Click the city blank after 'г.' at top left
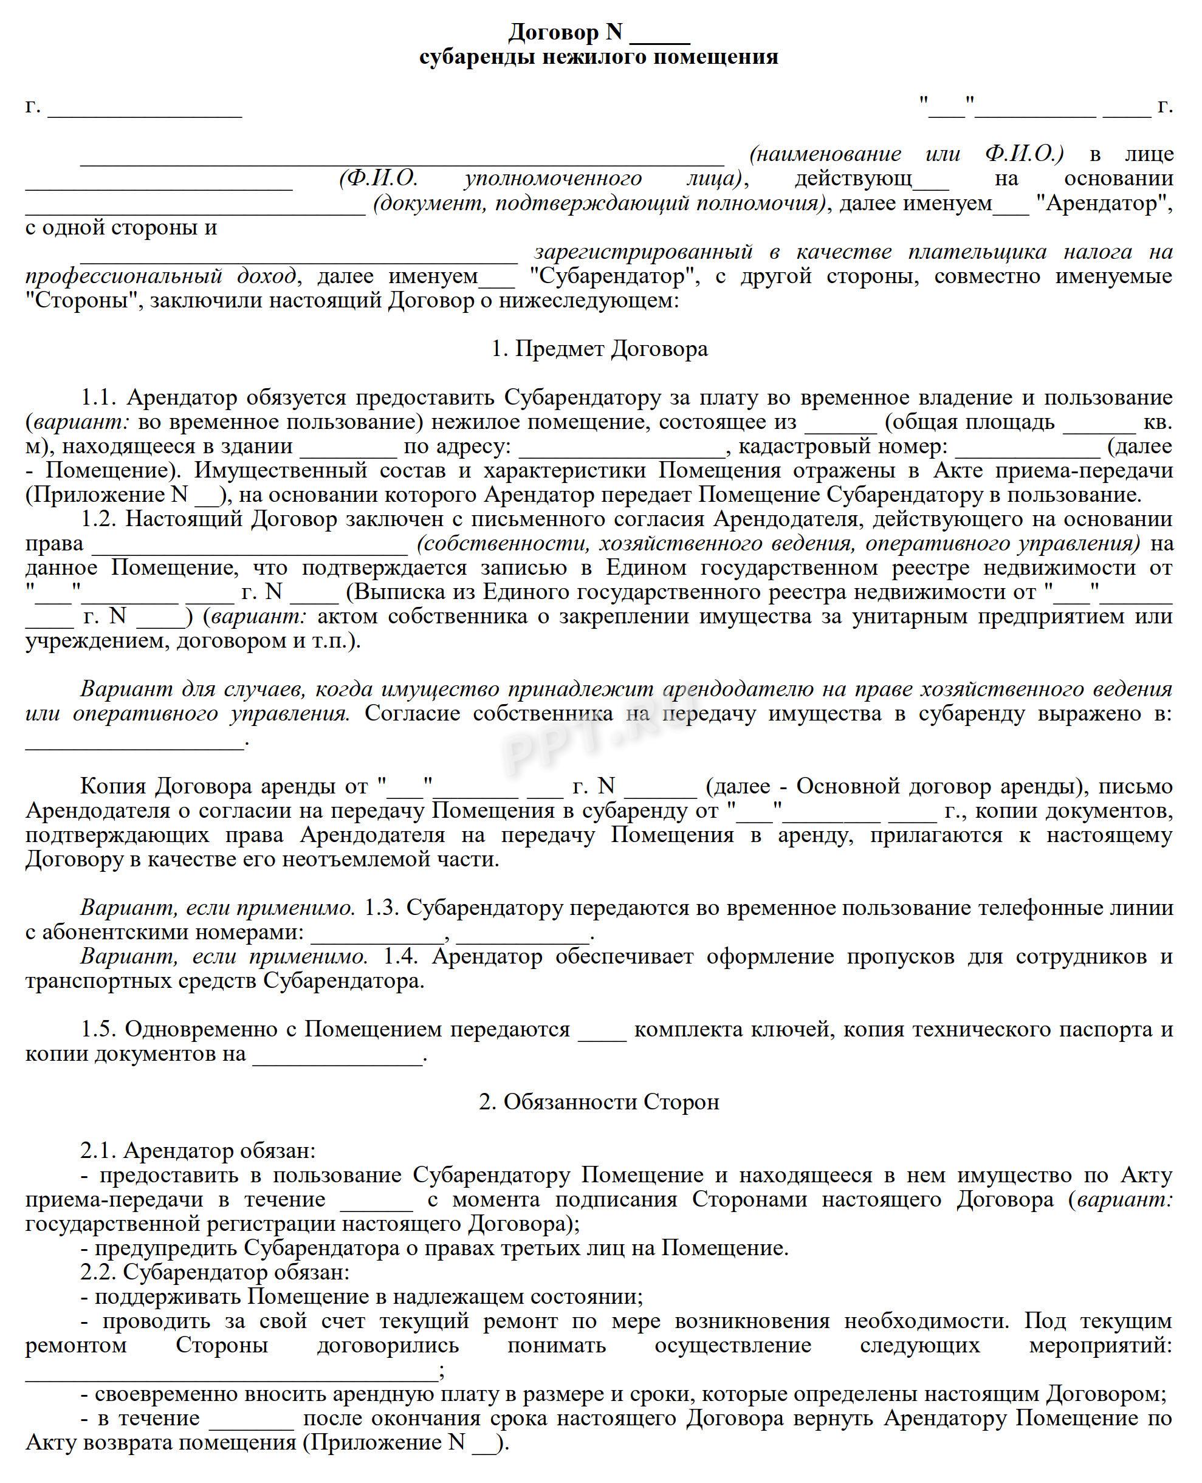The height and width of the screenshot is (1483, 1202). [145, 109]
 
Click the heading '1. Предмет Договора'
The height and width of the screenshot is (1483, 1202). [600, 349]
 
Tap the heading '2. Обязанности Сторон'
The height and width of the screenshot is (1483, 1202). [599, 1101]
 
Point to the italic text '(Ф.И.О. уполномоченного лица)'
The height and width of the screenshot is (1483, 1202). [540, 179]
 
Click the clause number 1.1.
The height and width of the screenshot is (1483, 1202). [100, 397]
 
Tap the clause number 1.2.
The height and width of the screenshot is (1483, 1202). [100, 519]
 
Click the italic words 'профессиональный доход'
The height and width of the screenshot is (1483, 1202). [160, 276]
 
